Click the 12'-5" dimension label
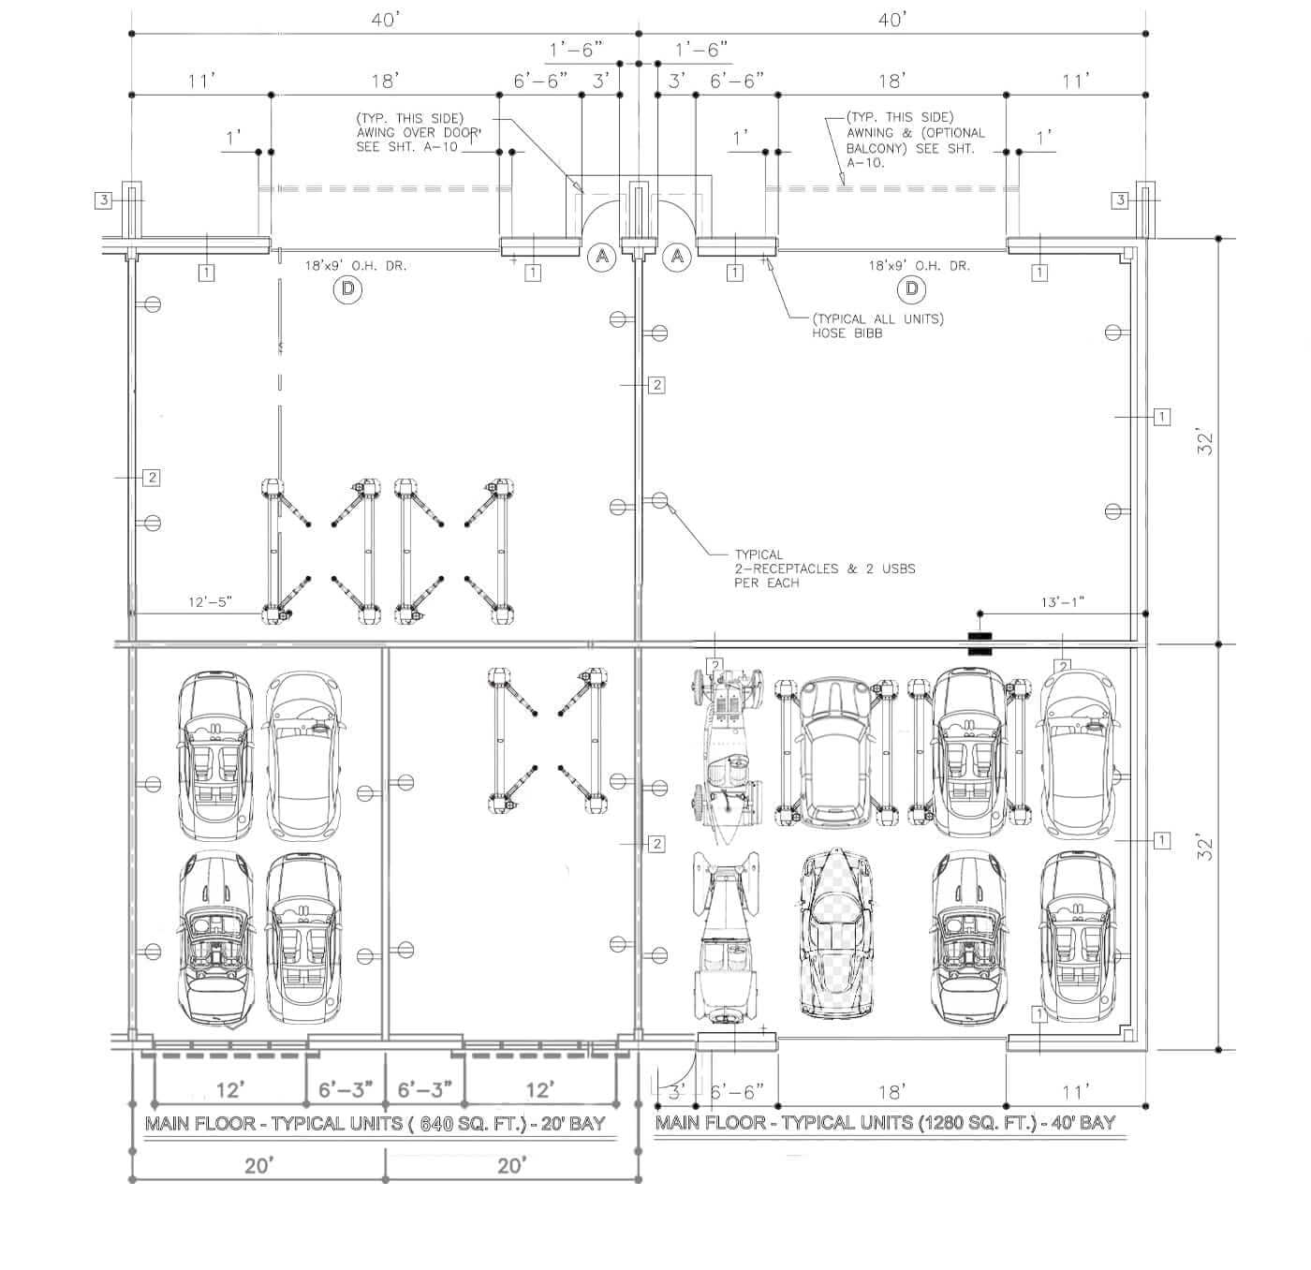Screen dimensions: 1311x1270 click(210, 601)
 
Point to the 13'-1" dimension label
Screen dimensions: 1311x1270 click(1063, 601)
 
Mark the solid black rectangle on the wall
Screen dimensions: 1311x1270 click(980, 643)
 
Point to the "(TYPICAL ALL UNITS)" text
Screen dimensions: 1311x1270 click(877, 318)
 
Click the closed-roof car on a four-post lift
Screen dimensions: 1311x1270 click(835, 753)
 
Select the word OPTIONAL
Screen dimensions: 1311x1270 click(955, 133)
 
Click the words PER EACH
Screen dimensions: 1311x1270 click(767, 583)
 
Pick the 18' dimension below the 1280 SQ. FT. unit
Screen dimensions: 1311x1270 click(891, 1091)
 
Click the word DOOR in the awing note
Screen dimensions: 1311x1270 click(462, 133)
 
